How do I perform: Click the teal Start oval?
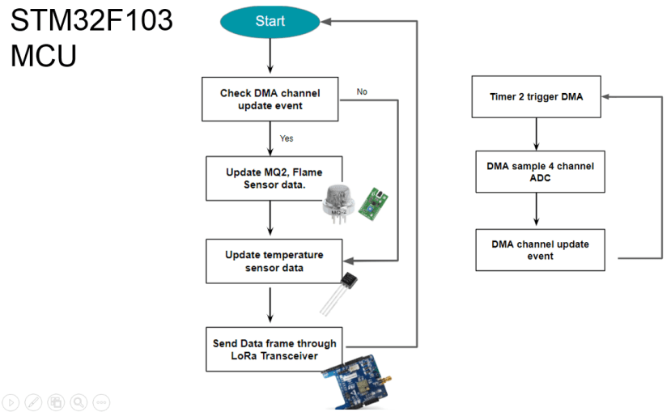(x=270, y=21)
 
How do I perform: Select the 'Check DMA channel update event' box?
(x=270, y=100)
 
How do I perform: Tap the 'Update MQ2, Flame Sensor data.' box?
(x=274, y=178)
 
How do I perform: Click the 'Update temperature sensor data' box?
(x=274, y=261)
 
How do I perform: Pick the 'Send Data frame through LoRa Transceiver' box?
(x=274, y=349)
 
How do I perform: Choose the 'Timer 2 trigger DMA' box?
(x=536, y=96)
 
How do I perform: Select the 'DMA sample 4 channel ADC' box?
(x=540, y=172)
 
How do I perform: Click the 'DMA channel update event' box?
(x=540, y=250)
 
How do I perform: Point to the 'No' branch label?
(x=362, y=91)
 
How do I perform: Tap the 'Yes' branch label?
(x=287, y=138)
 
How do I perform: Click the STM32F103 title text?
(x=91, y=20)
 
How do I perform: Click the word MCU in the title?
(x=43, y=56)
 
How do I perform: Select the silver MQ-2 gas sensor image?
(x=338, y=204)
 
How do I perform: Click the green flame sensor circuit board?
(x=372, y=204)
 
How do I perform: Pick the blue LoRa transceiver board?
(x=356, y=381)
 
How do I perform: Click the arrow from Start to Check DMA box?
(x=270, y=56)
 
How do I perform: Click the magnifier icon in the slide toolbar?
(x=79, y=402)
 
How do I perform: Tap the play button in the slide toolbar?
(x=11, y=402)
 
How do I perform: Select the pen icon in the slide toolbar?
(x=33, y=402)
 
